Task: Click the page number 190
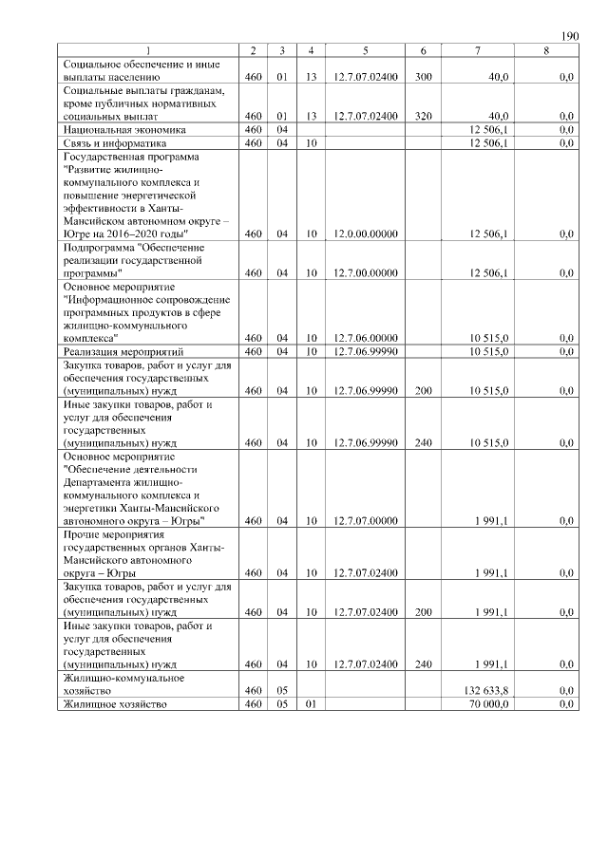coord(569,36)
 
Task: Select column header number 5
coord(365,49)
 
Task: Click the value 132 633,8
coord(488,690)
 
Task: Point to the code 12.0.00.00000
coord(365,233)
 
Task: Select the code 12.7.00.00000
coord(365,273)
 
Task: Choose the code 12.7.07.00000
coord(365,520)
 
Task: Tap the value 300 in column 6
coord(424,77)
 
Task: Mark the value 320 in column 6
coord(424,116)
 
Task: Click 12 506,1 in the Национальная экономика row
coord(489,129)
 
